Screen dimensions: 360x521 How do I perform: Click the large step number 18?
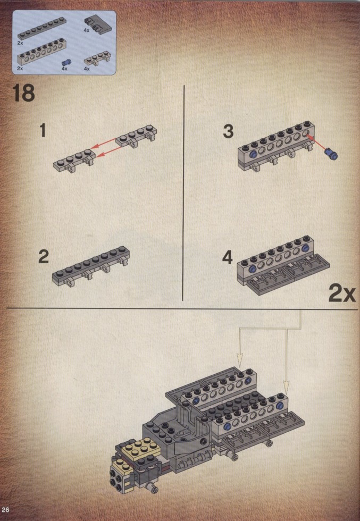tap(23, 93)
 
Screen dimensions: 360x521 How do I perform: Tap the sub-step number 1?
tap(43, 130)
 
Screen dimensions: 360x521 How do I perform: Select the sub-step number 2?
tap(44, 257)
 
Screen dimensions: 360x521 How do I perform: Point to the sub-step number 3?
tap(228, 131)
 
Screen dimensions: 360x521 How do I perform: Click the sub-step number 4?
tap(228, 257)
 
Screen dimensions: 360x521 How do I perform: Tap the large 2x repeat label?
tap(342, 293)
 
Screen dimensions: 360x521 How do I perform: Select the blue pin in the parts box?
tap(66, 62)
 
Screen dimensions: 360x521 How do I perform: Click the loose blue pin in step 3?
tap(331, 154)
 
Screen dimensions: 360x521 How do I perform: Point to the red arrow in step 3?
tap(316, 142)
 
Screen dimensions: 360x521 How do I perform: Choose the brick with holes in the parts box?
tap(42, 53)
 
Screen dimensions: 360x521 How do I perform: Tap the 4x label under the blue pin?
tap(64, 69)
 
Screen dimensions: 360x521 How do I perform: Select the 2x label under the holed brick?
tap(20, 69)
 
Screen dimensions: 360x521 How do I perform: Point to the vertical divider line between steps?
tap(183, 193)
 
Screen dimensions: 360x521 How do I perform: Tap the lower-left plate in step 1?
tap(74, 161)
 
